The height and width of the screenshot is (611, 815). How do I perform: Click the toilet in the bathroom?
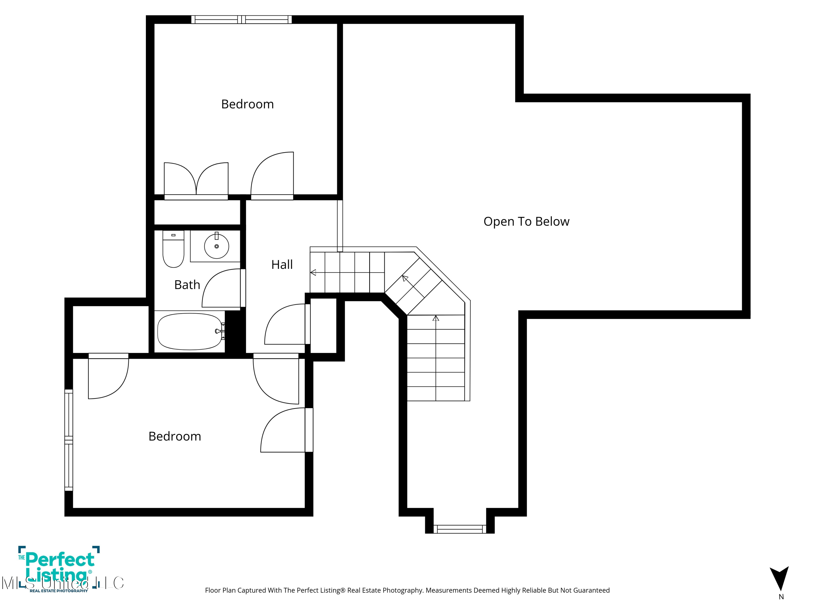click(x=173, y=250)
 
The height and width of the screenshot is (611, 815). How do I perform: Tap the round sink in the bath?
click(x=217, y=246)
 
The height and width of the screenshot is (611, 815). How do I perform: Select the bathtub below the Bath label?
click(x=189, y=332)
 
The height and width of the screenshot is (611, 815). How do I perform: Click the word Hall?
click(x=282, y=264)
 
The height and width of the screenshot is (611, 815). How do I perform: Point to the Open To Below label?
click(x=526, y=221)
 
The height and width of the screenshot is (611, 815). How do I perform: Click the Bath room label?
click(x=187, y=285)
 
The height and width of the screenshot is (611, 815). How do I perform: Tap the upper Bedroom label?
click(x=247, y=104)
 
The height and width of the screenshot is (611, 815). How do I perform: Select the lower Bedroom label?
click(x=175, y=436)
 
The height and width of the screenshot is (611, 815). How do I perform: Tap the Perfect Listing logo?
click(x=59, y=569)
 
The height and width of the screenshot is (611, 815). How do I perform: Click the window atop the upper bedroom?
click(x=241, y=20)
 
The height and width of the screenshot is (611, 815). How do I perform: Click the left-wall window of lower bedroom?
click(x=68, y=440)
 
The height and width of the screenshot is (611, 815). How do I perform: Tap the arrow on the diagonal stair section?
click(x=405, y=278)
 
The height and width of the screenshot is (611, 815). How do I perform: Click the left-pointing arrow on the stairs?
click(x=313, y=273)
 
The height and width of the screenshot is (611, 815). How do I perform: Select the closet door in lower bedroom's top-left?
click(x=108, y=377)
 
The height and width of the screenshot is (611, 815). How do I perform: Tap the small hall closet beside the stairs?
click(x=323, y=326)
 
